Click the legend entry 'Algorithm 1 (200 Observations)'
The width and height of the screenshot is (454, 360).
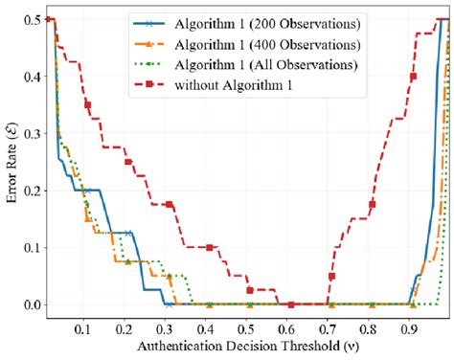[x=257, y=24]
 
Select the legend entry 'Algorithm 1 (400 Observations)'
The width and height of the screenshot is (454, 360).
[x=257, y=44]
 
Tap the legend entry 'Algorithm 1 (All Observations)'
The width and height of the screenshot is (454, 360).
[x=257, y=64]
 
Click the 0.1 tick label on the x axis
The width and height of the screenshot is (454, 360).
[x=84, y=326]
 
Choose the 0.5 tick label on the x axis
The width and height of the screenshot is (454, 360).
[x=248, y=326]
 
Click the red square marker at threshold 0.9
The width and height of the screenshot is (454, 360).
[x=414, y=77]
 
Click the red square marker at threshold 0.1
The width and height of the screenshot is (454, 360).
[x=88, y=104]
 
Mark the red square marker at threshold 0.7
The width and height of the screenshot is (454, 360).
[x=331, y=277]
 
